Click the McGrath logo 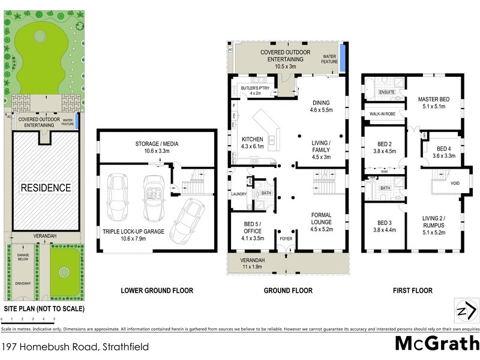pyautogui.click(x=436, y=344)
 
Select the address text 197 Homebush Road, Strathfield pyautogui.click(x=76, y=347)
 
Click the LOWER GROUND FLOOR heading pyautogui.click(x=157, y=291)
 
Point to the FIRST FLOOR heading pyautogui.click(x=412, y=291)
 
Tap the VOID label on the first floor pyautogui.click(x=455, y=184)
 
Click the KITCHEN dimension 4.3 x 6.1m pyautogui.click(x=253, y=146)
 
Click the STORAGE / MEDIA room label pyautogui.click(x=157, y=144)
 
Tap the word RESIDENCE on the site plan pyautogui.click(x=46, y=188)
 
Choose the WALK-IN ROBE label pyautogui.click(x=382, y=113)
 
